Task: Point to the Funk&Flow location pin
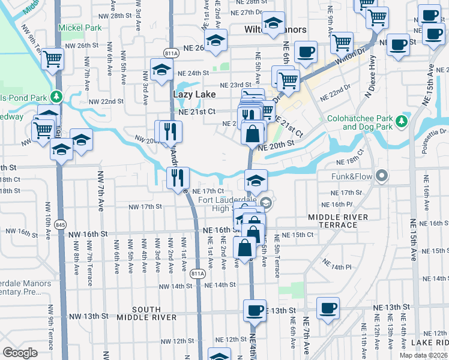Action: coord(379,176)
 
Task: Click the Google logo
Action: coord(20,353)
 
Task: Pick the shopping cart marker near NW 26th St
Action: coord(53,59)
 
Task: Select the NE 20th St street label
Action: coord(276,145)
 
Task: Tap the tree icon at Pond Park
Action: coord(56,96)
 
